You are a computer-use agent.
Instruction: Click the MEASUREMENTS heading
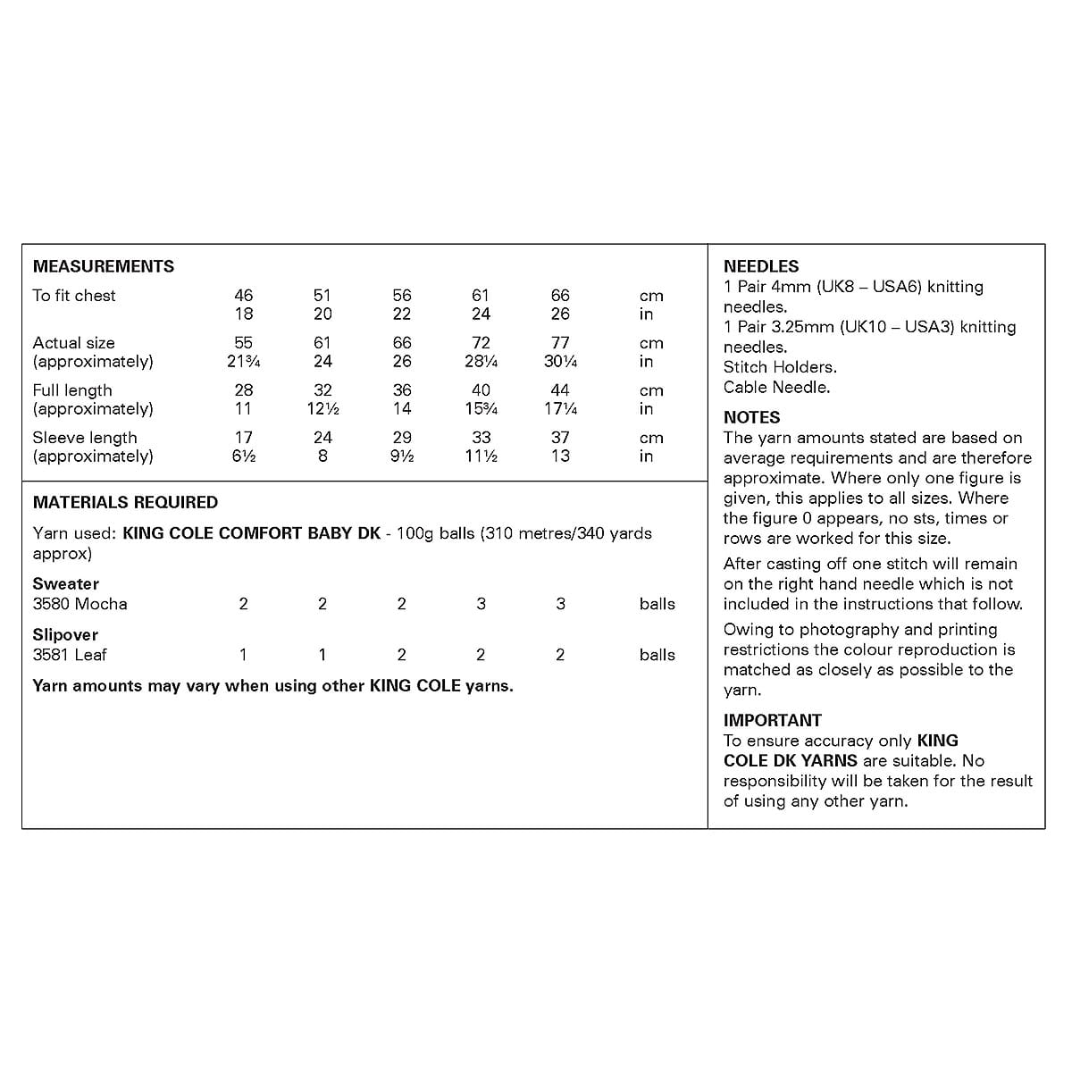click(x=104, y=266)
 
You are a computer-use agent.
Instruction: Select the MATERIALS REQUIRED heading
click(x=125, y=502)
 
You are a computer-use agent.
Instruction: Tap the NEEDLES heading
click(x=761, y=266)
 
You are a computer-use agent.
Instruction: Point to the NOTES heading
click(x=751, y=417)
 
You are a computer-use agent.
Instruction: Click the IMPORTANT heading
click(x=772, y=720)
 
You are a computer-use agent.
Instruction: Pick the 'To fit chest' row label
click(x=74, y=296)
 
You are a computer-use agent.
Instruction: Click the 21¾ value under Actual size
click(x=243, y=362)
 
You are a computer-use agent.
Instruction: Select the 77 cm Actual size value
click(x=560, y=343)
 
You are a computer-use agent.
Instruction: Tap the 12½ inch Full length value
click(x=322, y=409)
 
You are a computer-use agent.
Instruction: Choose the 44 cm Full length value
click(x=560, y=390)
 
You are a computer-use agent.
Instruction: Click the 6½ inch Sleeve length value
click(x=243, y=456)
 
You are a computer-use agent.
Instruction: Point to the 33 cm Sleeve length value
click(x=481, y=438)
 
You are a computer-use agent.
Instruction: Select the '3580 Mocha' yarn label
click(x=80, y=604)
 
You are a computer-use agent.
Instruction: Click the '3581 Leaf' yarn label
click(x=70, y=655)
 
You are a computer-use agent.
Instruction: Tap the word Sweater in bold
click(x=66, y=584)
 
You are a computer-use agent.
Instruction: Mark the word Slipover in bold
click(x=65, y=635)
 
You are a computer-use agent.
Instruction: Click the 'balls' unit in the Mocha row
click(x=657, y=604)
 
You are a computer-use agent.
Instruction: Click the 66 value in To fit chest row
click(x=560, y=296)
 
